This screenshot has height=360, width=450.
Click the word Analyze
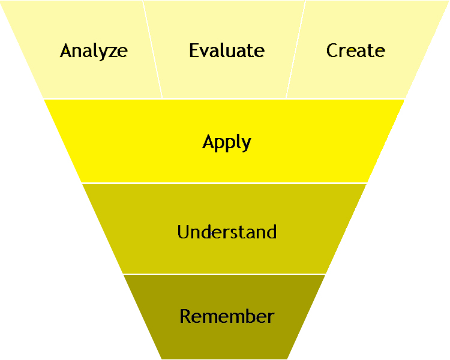pos(94,50)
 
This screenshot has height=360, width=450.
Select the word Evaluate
pos(227,50)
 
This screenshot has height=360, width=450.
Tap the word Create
pos(355,50)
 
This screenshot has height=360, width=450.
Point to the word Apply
pos(226,143)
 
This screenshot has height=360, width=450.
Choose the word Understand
pos(227,232)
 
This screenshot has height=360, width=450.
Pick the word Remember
pos(227,316)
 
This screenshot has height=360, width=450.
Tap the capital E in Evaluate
pos(194,50)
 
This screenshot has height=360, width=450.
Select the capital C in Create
pos(332,50)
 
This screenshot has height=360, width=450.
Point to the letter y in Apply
pos(246,145)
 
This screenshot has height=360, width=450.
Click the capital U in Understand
pos(183,232)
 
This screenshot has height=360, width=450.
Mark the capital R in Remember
pos(185,316)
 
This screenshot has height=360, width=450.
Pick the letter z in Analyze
pos(109,52)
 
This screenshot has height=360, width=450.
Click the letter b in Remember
pos(248,316)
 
